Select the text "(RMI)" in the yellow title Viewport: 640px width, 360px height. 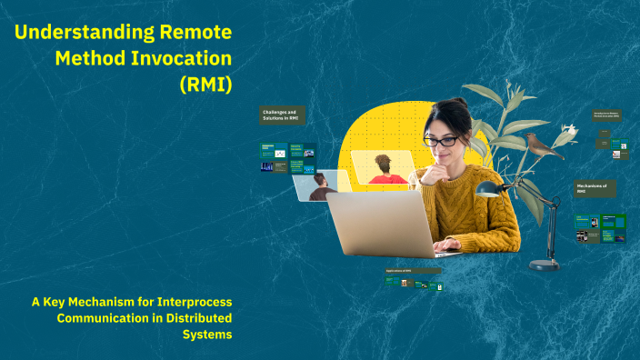205,85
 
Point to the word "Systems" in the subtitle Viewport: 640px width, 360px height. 207,334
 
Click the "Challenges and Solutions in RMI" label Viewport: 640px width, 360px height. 283,115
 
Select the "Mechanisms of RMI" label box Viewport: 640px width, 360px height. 595,188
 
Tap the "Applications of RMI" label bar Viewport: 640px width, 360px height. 413,271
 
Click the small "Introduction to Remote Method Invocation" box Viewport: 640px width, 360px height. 606,115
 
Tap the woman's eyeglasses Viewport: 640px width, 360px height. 442,141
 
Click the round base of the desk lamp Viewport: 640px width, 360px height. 545,265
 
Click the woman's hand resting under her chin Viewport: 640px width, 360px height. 425,169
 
